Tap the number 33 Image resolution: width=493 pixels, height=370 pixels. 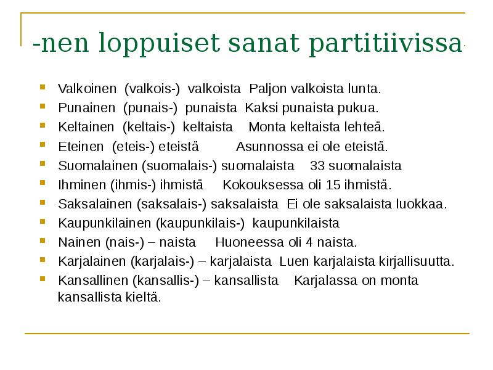click(x=317, y=166)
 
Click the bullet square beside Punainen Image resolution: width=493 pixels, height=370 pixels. click(x=42, y=106)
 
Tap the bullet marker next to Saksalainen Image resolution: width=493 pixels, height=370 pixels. click(x=42, y=202)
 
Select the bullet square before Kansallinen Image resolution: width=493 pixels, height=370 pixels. click(x=42, y=279)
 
